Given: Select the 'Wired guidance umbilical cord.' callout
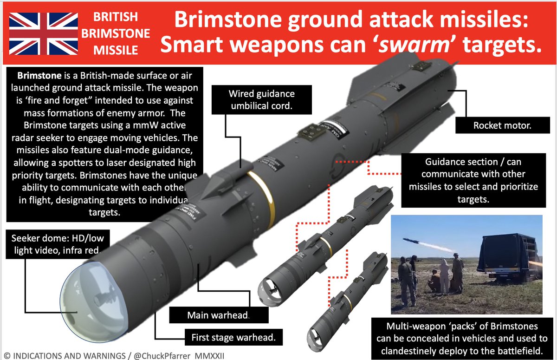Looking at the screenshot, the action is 261,99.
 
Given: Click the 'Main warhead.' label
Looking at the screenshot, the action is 218,315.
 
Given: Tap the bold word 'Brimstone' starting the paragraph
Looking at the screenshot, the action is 38,75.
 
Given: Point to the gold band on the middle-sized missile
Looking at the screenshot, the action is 328,246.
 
